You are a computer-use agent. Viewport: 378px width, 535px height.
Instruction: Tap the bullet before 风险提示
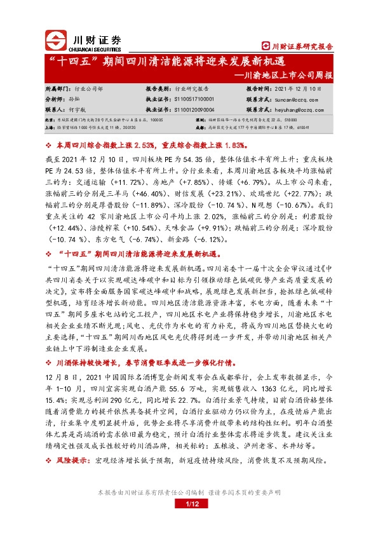[50, 458]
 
